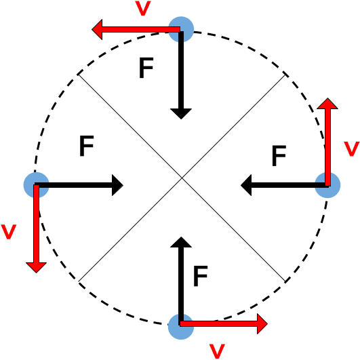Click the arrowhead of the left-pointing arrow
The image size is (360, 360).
point(100,30)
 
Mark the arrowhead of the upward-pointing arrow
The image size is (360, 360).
point(328,105)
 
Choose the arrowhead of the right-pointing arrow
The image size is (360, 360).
point(260,325)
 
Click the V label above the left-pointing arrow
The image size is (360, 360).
point(142,9)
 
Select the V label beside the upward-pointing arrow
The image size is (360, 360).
point(351,148)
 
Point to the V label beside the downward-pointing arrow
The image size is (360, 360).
point(9,231)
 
